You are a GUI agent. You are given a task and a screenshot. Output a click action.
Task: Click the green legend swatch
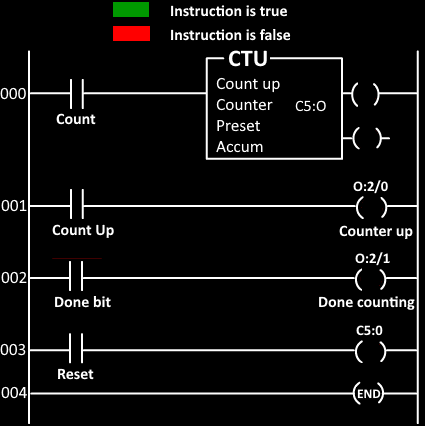pyautogui.click(x=131, y=9)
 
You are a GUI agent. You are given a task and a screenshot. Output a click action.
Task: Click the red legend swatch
pyautogui.click(x=131, y=34)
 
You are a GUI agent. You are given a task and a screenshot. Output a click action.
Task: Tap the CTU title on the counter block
pyautogui.click(x=248, y=59)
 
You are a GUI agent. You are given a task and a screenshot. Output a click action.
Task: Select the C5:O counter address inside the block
pyautogui.click(x=311, y=106)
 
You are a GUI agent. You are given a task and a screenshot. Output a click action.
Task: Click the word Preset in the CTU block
pyautogui.click(x=238, y=126)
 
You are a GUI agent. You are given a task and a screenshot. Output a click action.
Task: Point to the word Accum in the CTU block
pyautogui.click(x=240, y=147)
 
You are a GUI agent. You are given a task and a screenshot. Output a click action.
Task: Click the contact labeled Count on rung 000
pyautogui.click(x=77, y=94)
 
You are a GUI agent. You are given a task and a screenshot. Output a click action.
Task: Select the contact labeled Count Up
pyautogui.click(x=77, y=204)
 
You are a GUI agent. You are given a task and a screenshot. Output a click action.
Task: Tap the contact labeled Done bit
pyautogui.click(x=76, y=276)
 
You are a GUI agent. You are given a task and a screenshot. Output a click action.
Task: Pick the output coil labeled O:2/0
pyautogui.click(x=372, y=207)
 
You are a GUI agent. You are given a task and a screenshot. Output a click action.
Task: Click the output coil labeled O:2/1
pyautogui.click(x=370, y=279)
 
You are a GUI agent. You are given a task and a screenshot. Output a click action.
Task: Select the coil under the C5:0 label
pyautogui.click(x=370, y=351)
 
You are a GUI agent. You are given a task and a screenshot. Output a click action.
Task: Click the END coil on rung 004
pyautogui.click(x=368, y=394)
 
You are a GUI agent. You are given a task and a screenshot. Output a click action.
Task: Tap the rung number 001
pyautogui.click(x=13, y=207)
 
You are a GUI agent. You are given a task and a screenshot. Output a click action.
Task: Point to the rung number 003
pyautogui.click(x=13, y=350)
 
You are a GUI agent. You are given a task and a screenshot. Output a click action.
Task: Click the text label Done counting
pyautogui.click(x=366, y=303)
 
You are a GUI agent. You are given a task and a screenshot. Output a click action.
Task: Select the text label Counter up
pyautogui.click(x=376, y=231)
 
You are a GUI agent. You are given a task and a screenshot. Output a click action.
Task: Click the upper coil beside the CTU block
pyautogui.click(x=365, y=94)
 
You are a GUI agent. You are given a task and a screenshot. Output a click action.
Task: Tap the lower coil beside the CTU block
pyautogui.click(x=367, y=138)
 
